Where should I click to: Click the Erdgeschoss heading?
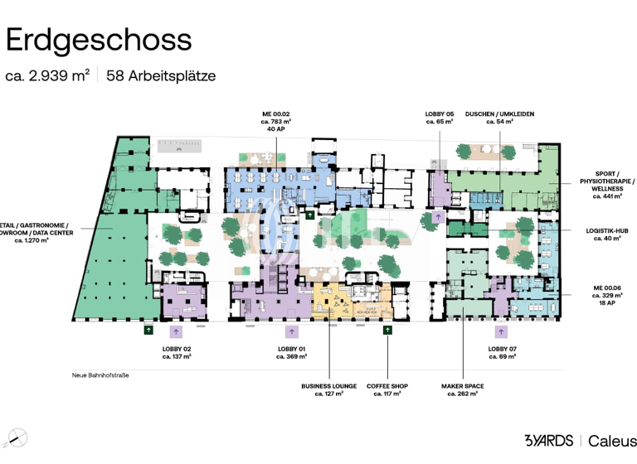point(99,39)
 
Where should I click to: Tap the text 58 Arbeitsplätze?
point(161,75)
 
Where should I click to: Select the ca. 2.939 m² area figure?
point(47,75)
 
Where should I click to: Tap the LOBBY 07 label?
point(501,349)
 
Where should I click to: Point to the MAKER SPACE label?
point(464,385)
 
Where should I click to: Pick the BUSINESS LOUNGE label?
point(329,385)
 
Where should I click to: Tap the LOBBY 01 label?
point(292,349)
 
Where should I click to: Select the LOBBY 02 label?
point(177,349)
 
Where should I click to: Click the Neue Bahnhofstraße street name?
point(100,375)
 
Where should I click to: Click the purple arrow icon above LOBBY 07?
point(501,331)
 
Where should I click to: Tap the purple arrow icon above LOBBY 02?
point(175,331)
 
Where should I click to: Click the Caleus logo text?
point(613,440)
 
